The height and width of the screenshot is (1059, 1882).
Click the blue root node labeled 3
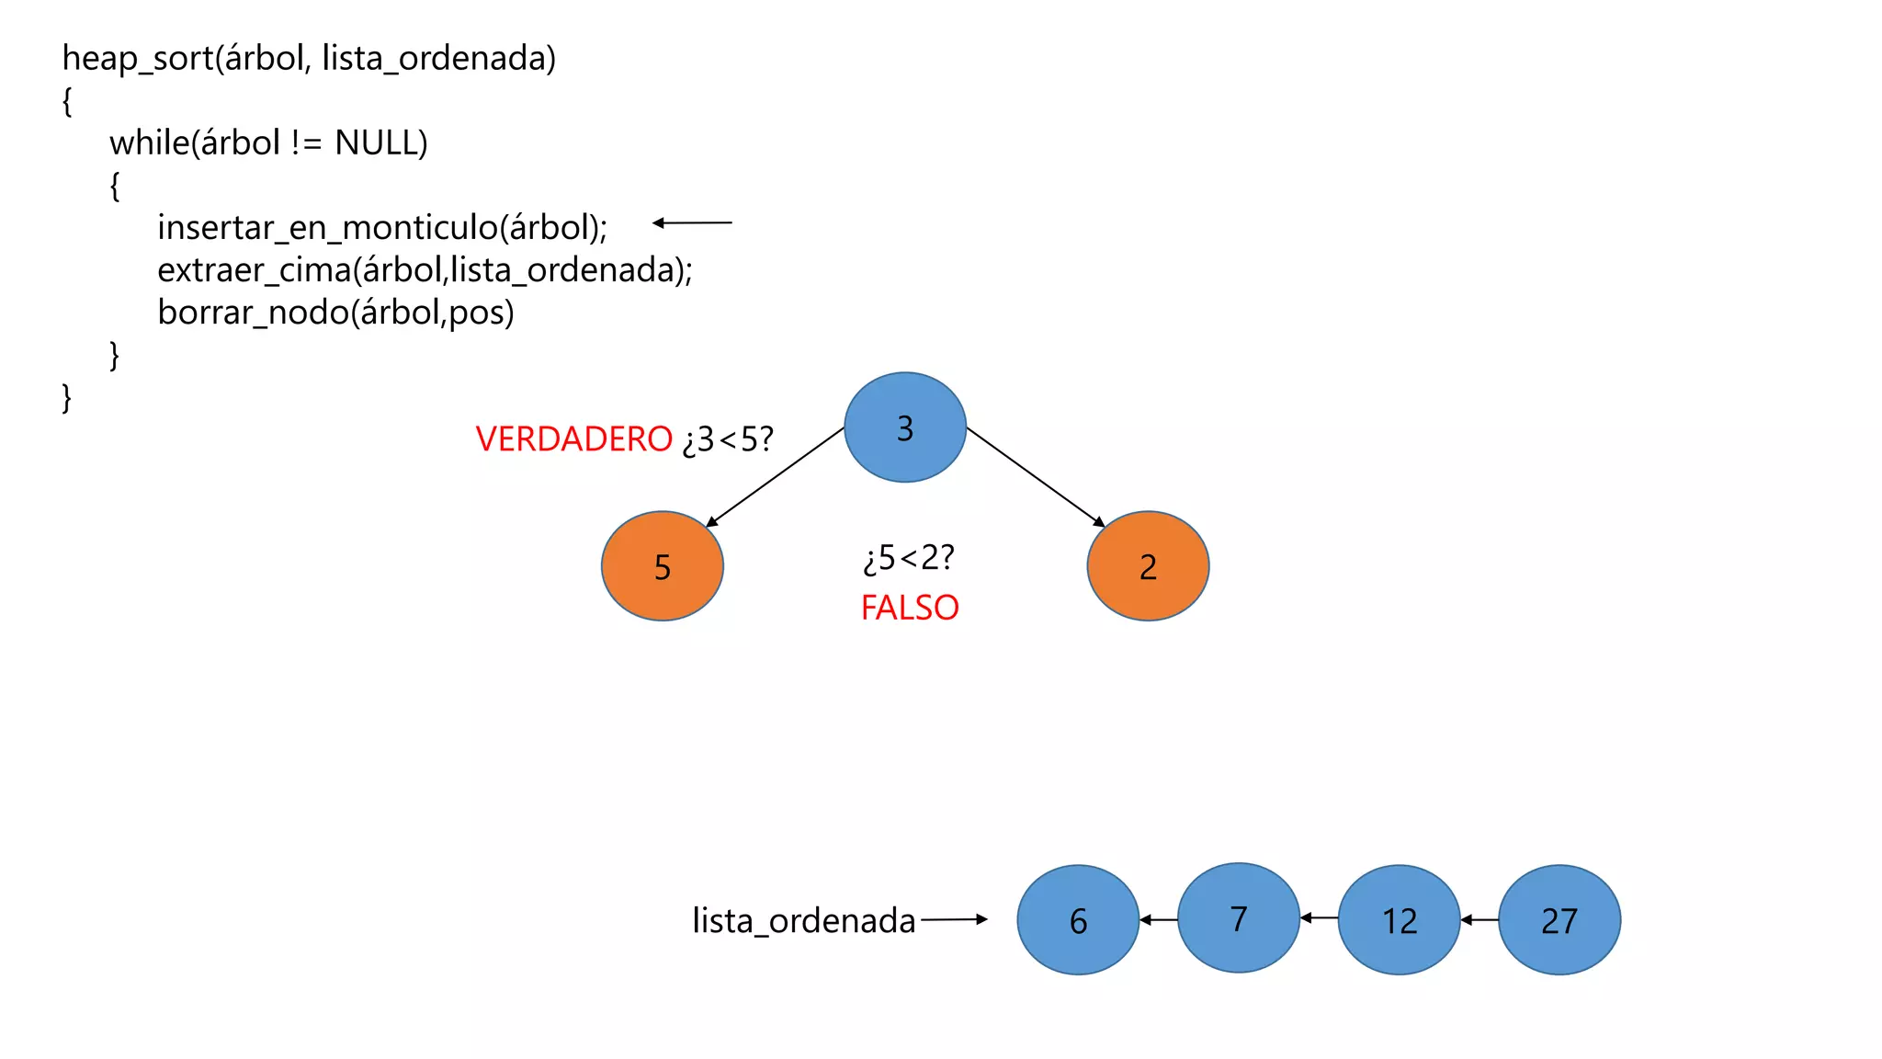point(904,427)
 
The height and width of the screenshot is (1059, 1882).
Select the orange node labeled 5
point(662,566)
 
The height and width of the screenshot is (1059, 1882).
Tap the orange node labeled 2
point(1147,566)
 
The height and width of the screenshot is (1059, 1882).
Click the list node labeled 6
point(1078,919)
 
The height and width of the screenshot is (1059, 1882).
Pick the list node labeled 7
point(1238,917)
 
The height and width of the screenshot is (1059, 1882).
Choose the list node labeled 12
point(1399,919)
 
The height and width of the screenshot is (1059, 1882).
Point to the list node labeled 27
point(1559,919)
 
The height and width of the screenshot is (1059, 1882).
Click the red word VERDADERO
point(574,439)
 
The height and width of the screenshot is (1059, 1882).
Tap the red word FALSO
point(910,608)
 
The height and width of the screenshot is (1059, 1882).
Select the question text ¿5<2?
point(909,558)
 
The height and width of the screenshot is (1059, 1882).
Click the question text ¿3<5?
point(728,439)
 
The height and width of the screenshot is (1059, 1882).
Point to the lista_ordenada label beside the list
point(803,920)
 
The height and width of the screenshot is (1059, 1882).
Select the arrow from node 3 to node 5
point(775,477)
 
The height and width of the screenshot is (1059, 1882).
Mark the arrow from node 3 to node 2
point(1036,477)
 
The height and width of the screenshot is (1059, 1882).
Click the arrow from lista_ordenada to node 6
point(954,918)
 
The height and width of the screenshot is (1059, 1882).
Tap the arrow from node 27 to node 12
point(1480,919)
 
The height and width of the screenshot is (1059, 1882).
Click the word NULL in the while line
point(380,142)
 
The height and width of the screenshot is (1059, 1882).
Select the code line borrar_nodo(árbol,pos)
point(335,313)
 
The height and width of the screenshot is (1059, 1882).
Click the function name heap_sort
point(137,59)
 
